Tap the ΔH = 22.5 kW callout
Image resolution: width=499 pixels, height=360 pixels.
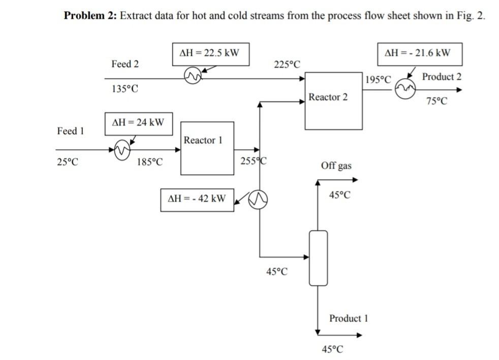(x=210, y=53)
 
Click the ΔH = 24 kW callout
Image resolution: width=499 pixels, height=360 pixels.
(x=138, y=123)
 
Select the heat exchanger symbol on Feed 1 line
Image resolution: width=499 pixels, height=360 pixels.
(x=122, y=150)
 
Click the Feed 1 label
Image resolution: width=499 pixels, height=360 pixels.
(x=70, y=131)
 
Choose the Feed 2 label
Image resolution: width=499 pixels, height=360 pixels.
(x=124, y=64)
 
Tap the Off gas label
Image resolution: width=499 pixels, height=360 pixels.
(x=336, y=166)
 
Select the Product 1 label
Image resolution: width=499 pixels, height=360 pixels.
(x=348, y=318)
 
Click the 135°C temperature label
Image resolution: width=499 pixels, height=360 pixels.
(x=124, y=89)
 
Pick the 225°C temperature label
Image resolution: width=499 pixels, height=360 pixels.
(x=287, y=64)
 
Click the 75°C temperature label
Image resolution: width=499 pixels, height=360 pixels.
(x=437, y=101)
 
